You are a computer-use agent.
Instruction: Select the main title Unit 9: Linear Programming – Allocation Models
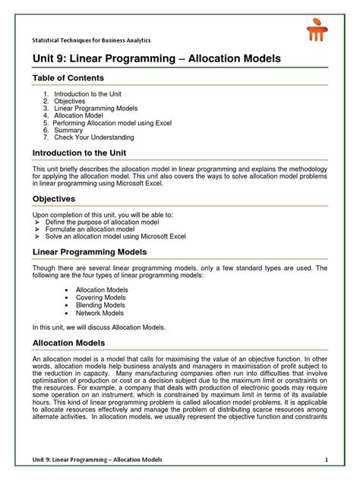click(x=156, y=58)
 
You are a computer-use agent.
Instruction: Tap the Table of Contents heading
click(x=68, y=78)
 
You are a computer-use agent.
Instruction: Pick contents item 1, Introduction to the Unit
click(x=99, y=93)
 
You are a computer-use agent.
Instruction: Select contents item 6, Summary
click(x=74, y=130)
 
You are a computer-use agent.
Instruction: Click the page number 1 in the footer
click(x=326, y=460)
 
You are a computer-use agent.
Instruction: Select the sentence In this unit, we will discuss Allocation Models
click(x=98, y=327)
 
